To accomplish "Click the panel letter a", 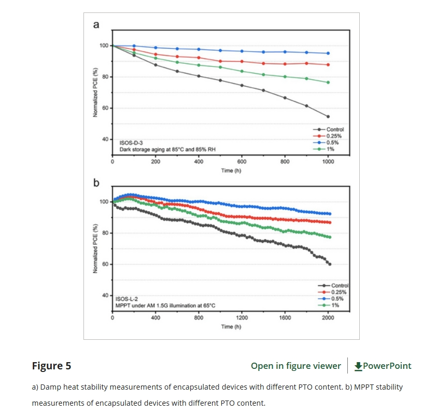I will point(96,24).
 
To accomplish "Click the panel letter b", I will point(96,183).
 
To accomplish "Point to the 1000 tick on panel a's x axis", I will point(328,162).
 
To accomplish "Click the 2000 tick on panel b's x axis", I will point(328,318).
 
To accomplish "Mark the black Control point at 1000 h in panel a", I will point(328,116).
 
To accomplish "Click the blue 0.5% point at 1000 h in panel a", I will point(328,53).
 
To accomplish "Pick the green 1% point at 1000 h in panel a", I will point(328,82).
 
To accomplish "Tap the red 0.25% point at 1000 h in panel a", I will point(328,65).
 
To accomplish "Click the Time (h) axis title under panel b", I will point(231,327).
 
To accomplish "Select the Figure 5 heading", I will point(51,366).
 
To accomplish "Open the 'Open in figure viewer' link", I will point(295,366).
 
